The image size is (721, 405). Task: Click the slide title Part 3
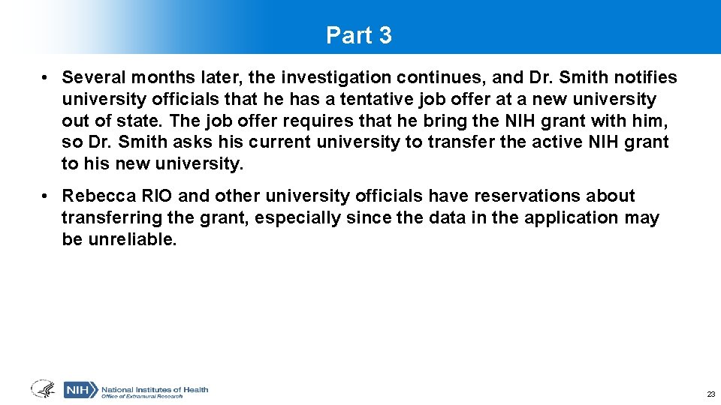coord(359,35)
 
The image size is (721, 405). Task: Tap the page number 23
coord(710,394)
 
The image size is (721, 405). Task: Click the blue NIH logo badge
coord(80,390)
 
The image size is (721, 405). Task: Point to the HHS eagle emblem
coord(43,389)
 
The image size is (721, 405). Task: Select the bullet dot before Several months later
coord(46,78)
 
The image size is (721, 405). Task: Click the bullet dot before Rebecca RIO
coord(46,196)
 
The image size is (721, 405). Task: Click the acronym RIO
coord(155,196)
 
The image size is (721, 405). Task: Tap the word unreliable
coord(130,240)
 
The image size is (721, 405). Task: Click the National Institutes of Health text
coord(155,389)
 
